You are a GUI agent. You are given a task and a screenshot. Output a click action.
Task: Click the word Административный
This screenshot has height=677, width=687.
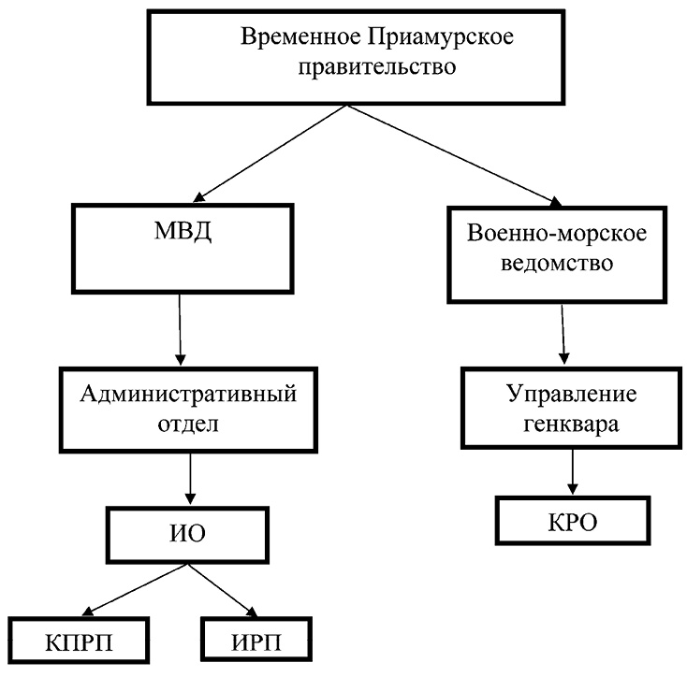pyautogui.click(x=188, y=392)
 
